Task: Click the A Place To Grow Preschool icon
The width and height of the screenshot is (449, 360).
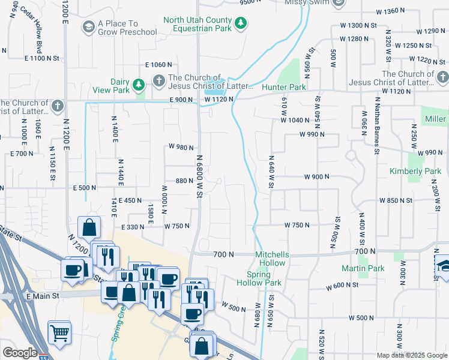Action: (89, 27)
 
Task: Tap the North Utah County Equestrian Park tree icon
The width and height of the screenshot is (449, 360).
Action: (241, 23)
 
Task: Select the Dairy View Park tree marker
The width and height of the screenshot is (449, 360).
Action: (139, 86)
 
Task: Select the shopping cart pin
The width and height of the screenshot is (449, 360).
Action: (59, 332)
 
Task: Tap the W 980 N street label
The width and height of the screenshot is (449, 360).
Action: (181, 147)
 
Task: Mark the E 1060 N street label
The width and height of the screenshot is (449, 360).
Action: (158, 65)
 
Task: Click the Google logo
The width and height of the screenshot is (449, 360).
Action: (20, 353)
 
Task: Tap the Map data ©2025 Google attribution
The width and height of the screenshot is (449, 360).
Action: (412, 355)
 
